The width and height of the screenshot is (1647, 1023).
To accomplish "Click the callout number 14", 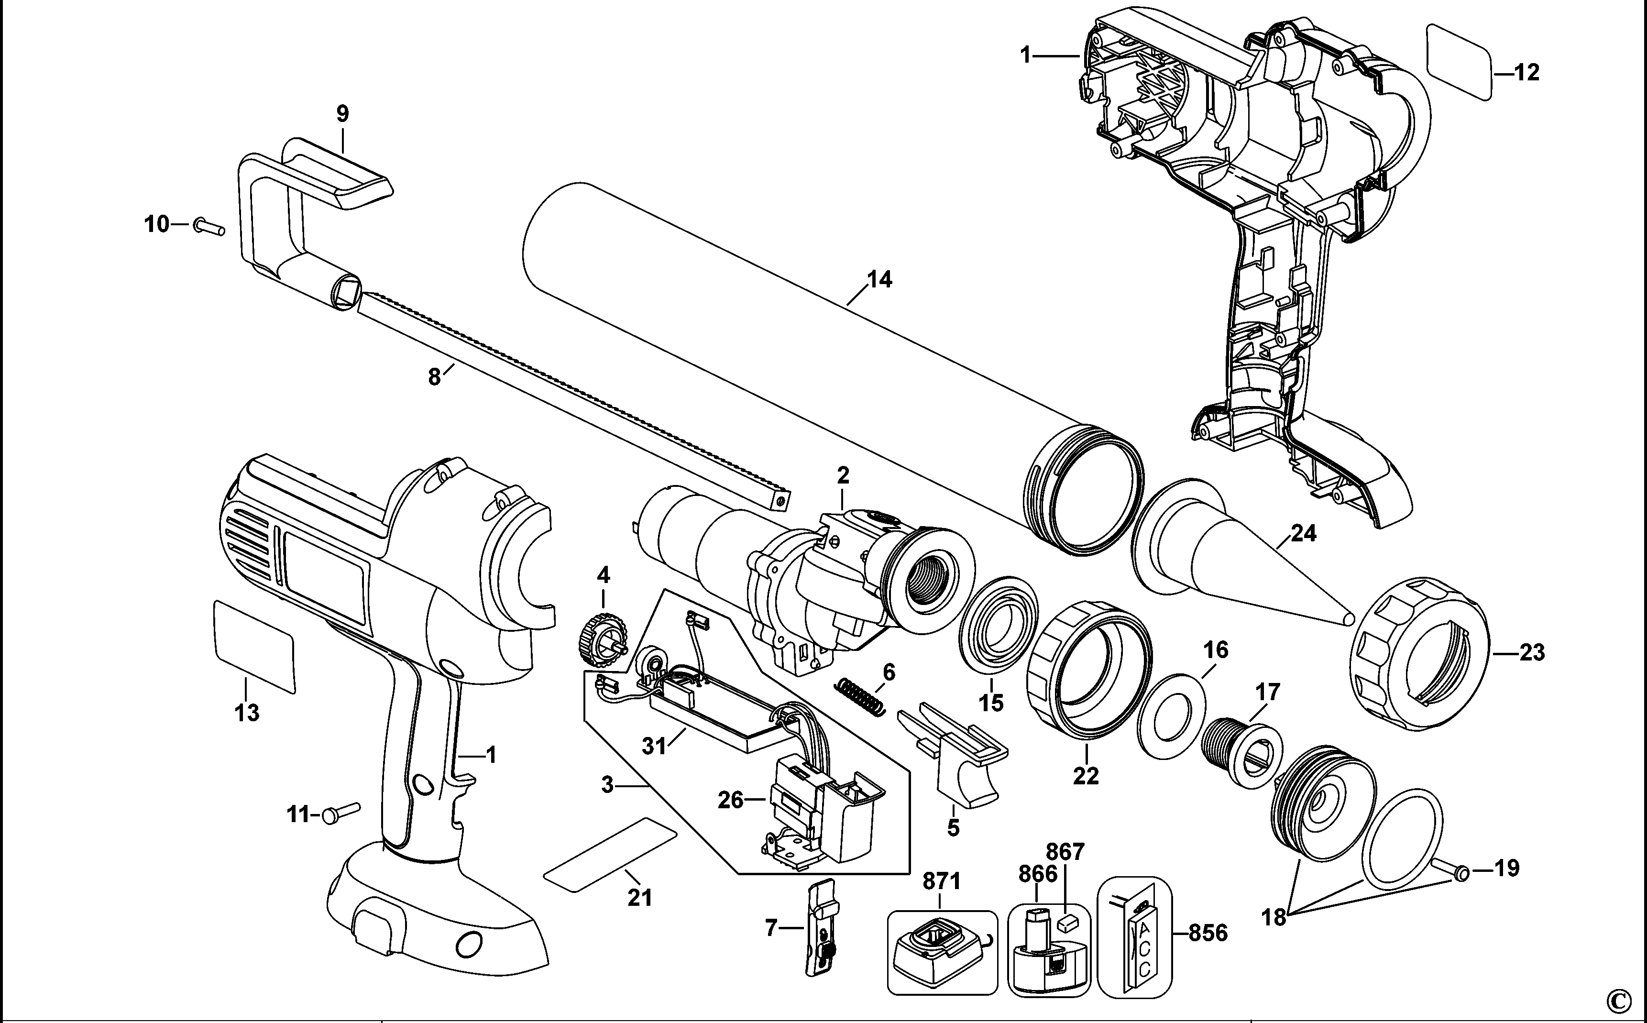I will coord(879,279).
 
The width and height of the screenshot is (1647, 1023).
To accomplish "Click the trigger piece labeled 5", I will coord(960,758).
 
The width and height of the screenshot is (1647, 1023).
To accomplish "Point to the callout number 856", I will coord(1208,933).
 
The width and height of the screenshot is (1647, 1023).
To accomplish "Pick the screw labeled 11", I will coord(341,811).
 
